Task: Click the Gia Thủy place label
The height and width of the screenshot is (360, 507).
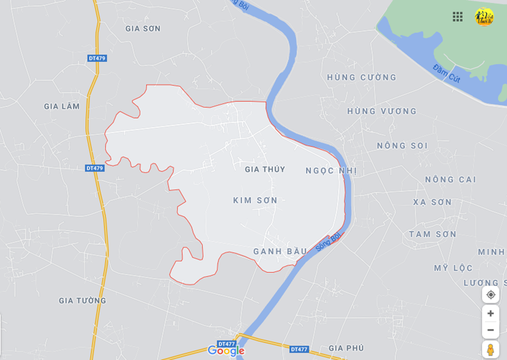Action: [265, 169]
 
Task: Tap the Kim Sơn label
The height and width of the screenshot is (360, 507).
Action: [255, 200]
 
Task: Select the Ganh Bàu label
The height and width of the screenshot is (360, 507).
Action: [280, 251]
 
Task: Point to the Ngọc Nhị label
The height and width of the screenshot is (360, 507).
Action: [331, 170]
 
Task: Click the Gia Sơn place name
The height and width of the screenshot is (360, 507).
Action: [143, 28]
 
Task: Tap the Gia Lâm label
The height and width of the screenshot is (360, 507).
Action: [62, 106]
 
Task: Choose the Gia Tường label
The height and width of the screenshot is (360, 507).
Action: [83, 301]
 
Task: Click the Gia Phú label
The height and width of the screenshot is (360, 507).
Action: [346, 348]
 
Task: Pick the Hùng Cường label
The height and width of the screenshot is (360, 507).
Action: [362, 77]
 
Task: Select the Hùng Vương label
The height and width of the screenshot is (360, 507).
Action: [382, 111]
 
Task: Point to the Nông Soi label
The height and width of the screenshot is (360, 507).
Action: [402, 145]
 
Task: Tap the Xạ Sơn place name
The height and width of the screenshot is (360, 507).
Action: [432, 202]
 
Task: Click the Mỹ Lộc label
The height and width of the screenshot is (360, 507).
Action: [453, 268]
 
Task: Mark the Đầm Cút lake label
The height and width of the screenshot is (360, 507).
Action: [446, 74]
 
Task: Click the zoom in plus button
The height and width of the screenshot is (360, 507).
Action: [491, 313]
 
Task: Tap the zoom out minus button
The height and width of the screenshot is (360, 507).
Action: [491, 330]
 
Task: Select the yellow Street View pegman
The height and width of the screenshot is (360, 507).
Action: [491, 349]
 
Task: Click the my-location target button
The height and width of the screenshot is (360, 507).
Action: [491, 294]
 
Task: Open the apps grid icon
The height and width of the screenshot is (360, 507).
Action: [458, 17]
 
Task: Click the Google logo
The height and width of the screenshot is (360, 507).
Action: [225, 351]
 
